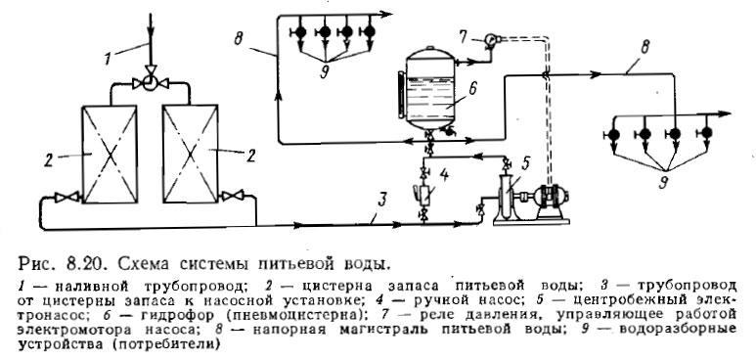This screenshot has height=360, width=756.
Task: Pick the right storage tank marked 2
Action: point(195,143)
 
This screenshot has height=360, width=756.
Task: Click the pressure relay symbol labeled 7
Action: point(490,40)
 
